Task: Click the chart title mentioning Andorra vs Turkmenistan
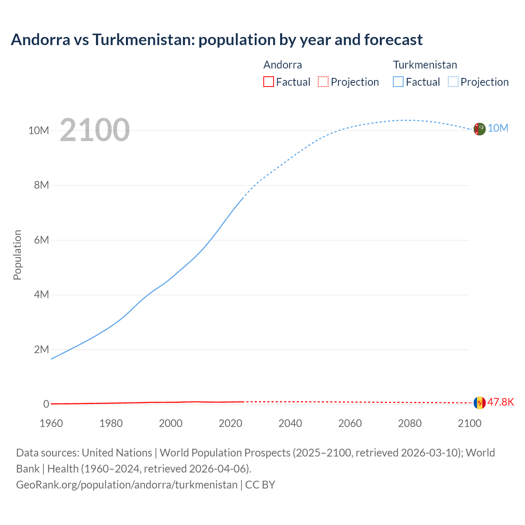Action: coord(217,40)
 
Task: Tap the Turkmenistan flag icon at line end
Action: coord(479,129)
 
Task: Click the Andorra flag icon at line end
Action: coord(479,403)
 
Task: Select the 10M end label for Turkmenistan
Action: coord(498,128)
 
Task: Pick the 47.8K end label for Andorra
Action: coord(500,402)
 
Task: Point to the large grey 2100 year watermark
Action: coord(95,130)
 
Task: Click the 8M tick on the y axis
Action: coord(41,185)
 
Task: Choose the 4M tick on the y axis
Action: coord(41,294)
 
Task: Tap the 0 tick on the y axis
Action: coord(46,404)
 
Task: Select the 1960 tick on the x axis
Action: coord(51,423)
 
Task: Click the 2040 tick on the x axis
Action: coord(290,423)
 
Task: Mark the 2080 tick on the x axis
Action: coord(410,423)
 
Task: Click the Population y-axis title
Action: coord(17,255)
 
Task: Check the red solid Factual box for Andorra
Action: coord(269,82)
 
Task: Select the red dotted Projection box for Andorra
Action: coord(323,82)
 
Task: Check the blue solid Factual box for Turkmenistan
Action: coord(398,82)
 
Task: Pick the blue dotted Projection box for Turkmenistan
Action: coord(453,82)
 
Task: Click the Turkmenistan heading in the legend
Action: coord(425,65)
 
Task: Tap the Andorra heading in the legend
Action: coord(283,65)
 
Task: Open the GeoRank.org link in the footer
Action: coord(127,485)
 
